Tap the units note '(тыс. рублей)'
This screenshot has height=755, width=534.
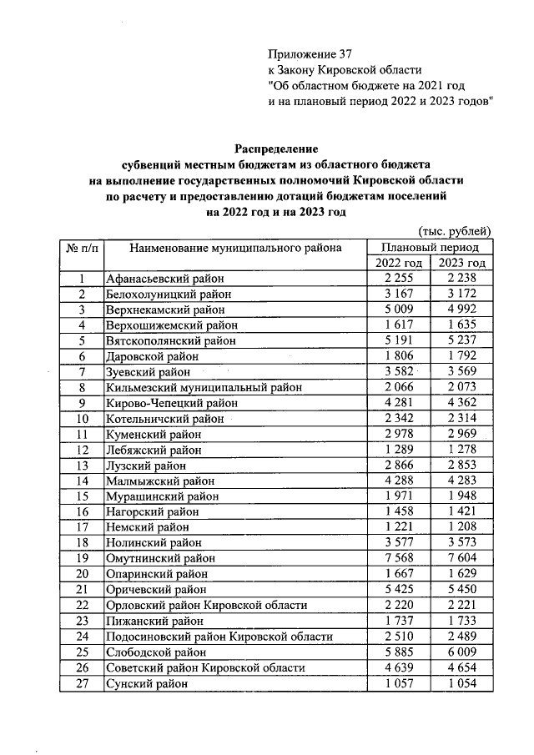click(454, 231)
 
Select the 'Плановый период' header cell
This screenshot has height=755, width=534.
click(431, 248)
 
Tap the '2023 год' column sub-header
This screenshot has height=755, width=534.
click(461, 264)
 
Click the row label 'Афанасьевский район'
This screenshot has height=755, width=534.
click(161, 279)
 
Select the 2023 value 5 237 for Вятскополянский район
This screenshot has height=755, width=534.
click(461, 340)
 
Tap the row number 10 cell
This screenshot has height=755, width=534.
click(82, 418)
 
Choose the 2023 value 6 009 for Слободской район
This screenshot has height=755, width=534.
click(461, 652)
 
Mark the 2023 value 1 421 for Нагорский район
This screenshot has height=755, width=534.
click(461, 511)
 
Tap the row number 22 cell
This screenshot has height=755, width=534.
click(82, 605)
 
